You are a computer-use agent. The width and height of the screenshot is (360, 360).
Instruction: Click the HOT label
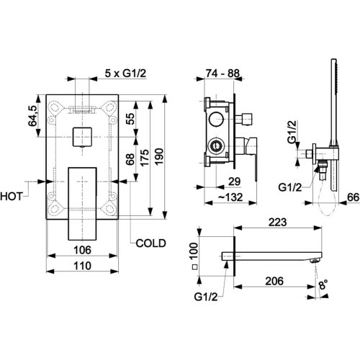pyautogui.click(x=12, y=197)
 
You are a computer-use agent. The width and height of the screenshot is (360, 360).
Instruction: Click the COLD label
pyautogui.click(x=150, y=243)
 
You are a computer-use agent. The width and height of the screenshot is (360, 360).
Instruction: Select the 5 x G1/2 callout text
pyautogui.click(x=125, y=73)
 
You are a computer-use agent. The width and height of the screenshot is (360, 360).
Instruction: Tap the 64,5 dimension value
pyautogui.click(x=33, y=116)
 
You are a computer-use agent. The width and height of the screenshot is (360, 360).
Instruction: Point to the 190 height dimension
pyautogui.click(x=159, y=156)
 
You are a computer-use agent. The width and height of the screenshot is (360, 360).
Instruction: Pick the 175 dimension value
pyautogui.click(x=145, y=158)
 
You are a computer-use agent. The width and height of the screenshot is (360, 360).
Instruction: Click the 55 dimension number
pyautogui.click(x=131, y=119)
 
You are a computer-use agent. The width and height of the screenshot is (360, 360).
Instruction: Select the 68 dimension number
pyautogui.click(x=130, y=159)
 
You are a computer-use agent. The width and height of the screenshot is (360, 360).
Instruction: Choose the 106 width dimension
pyautogui.click(x=82, y=250)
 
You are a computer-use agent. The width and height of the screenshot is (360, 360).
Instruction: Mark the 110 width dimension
pyautogui.click(x=82, y=266)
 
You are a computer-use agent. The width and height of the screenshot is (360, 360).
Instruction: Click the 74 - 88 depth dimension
pyautogui.click(x=222, y=73)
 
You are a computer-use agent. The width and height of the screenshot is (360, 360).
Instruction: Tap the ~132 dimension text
pyautogui.click(x=230, y=197)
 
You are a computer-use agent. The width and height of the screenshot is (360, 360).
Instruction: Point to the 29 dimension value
pyautogui.click(x=235, y=181)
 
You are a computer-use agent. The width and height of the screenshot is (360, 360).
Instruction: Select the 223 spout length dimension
pyautogui.click(x=277, y=222)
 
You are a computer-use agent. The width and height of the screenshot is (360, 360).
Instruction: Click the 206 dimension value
pyautogui.click(x=274, y=281)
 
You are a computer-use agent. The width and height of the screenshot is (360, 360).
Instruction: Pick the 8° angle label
pyautogui.click(x=323, y=285)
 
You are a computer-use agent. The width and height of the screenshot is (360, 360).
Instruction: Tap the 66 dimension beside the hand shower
pyautogui.click(x=354, y=197)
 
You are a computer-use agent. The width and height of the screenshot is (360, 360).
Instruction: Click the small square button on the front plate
pyautogui.click(x=82, y=137)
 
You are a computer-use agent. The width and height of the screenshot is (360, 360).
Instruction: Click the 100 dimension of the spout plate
pyautogui.click(x=194, y=251)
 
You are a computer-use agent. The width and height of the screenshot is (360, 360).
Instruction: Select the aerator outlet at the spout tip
pyautogui.click(x=315, y=261)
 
